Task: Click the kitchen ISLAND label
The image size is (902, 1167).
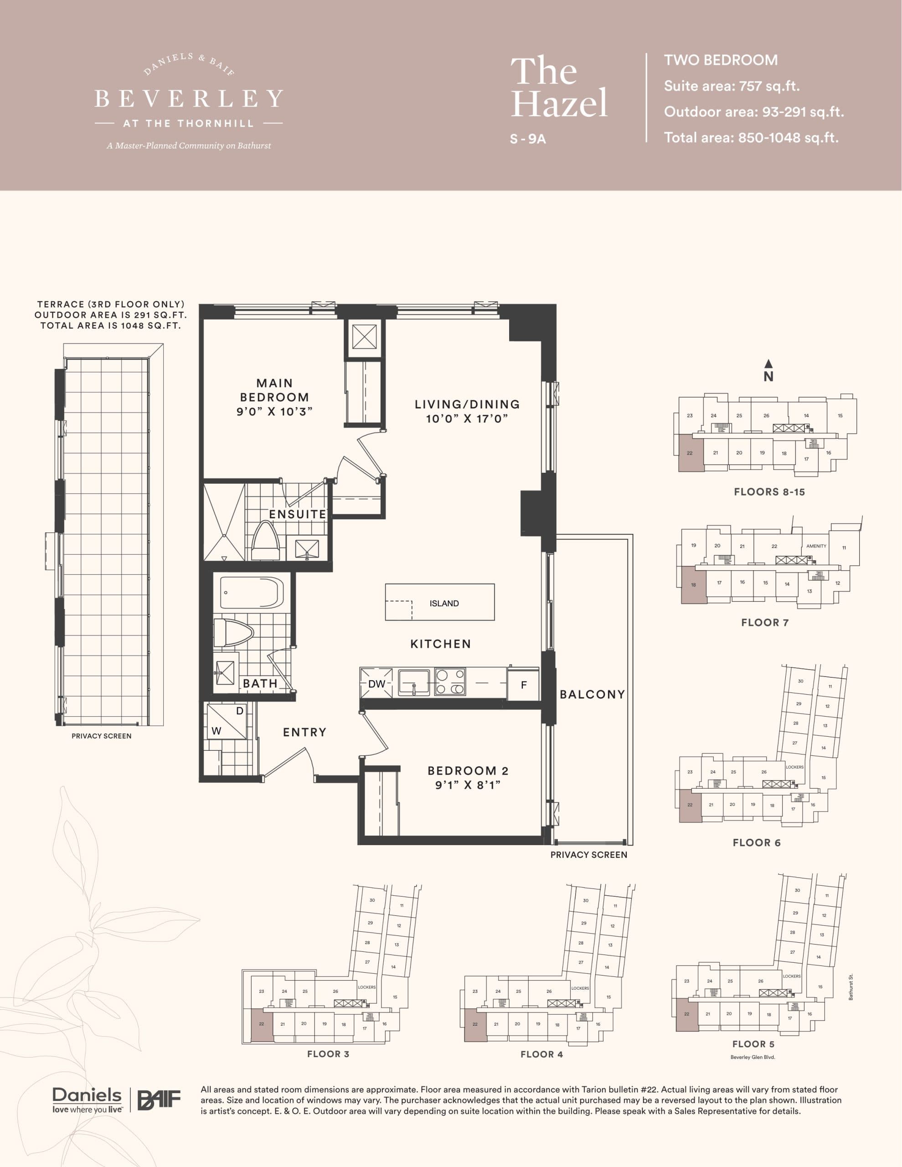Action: pos(443,603)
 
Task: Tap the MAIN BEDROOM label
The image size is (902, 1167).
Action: pos(275,390)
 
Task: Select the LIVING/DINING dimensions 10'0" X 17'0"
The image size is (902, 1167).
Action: pos(466,418)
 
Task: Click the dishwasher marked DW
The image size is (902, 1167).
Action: pos(377,684)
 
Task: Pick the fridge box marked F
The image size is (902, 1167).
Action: pos(523,685)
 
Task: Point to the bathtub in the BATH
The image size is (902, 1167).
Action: pos(251,593)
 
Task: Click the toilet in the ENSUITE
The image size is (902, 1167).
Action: pos(265,541)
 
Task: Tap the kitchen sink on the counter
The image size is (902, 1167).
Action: pos(413,682)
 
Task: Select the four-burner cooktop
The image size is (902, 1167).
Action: pos(449,682)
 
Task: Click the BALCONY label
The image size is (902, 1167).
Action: pos(592,694)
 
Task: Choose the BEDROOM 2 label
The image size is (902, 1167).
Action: pos(468,770)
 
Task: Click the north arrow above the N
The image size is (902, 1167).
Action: pos(768,364)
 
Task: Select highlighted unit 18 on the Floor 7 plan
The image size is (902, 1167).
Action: pos(694,585)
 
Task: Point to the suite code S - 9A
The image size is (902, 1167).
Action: pos(527,139)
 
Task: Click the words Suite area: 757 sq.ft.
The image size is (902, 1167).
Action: pos(731,86)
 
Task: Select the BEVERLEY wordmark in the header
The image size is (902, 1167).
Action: pos(189,99)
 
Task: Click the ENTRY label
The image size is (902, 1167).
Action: pos(304,732)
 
